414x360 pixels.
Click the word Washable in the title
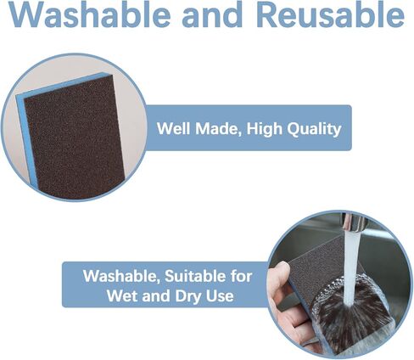pyautogui.click(x=90, y=14)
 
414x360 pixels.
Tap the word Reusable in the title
pyautogui.click(x=330, y=14)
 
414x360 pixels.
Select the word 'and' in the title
pyautogui.click(x=212, y=14)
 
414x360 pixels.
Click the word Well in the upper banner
pyautogui.click(x=174, y=128)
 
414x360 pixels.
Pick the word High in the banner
pyautogui.click(x=265, y=129)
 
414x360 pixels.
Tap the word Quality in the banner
pyautogui.click(x=314, y=129)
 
